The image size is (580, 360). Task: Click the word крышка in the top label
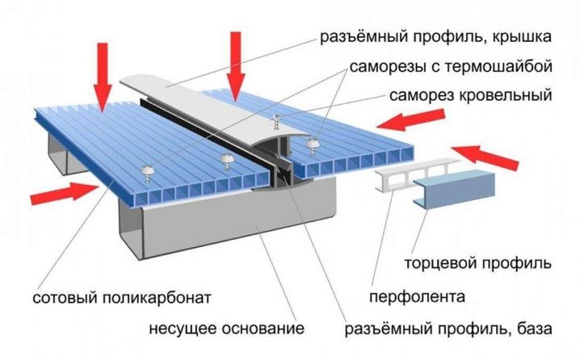521,37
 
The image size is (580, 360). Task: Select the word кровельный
506,96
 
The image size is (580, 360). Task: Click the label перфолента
418,297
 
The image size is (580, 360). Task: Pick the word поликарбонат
156,298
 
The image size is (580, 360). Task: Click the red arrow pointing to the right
65,193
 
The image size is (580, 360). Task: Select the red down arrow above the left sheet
103,77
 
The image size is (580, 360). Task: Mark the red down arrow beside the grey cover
236,66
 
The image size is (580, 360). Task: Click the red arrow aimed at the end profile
485,157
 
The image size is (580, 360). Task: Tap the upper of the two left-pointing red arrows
410,120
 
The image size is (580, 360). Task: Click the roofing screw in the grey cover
275,121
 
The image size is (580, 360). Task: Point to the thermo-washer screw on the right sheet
312,146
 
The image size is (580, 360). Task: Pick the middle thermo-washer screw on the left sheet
226,162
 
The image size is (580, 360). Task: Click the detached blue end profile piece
453,189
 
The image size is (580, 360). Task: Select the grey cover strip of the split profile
215,108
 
